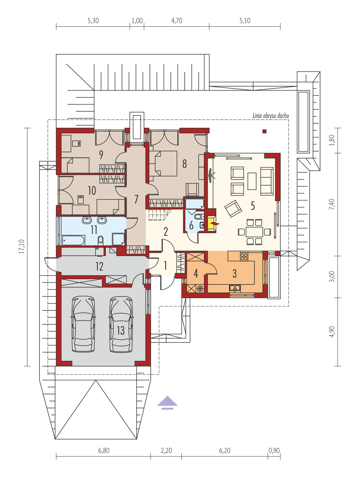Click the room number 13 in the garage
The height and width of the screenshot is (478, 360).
pos(121,330)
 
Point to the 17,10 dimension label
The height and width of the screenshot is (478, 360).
pos(22,247)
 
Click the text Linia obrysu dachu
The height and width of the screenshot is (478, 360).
pos(271,116)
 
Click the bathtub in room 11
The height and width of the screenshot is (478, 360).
pos(73,240)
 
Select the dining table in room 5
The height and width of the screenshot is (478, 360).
pos(254,232)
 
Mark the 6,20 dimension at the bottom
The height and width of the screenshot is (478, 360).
pos(225,451)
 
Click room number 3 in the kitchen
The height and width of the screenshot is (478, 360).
pos(235,274)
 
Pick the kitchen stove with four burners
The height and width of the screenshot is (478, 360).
pos(244,256)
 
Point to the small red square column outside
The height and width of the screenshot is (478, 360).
pos(264,131)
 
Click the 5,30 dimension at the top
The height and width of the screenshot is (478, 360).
pos(93,21)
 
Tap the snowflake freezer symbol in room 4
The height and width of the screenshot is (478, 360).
pos(200,288)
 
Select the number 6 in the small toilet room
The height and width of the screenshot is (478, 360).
pos(191,226)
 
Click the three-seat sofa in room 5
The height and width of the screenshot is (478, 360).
pos(267,181)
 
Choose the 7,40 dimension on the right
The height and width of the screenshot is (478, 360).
pos(332,204)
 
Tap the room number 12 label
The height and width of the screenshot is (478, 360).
pos(99,266)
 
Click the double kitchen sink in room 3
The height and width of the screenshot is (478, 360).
pos(235,288)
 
